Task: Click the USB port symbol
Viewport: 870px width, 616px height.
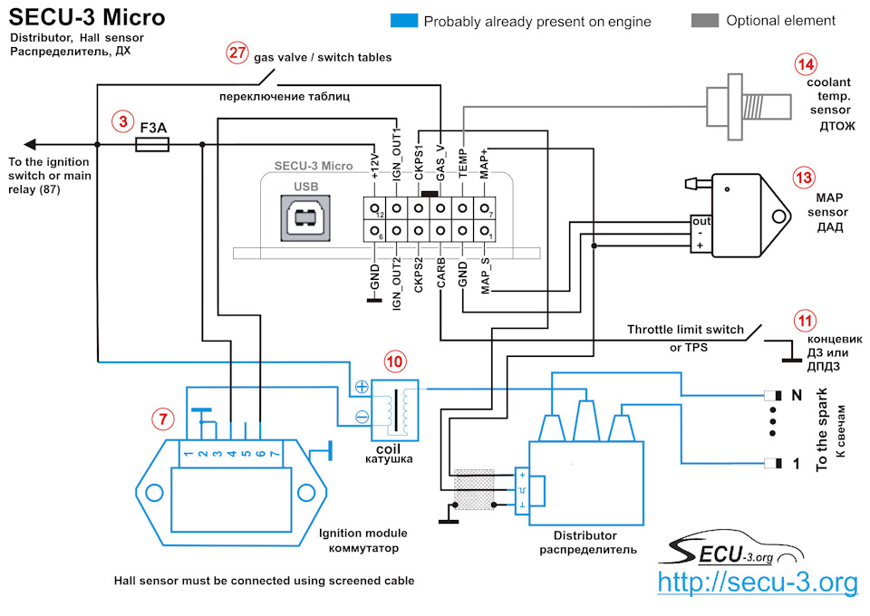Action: pos(305,218)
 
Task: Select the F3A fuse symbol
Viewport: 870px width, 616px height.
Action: pos(152,145)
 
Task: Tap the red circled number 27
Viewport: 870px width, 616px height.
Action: pos(237,53)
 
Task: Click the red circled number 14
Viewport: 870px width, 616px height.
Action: pos(806,64)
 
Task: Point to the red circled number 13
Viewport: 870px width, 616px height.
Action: pos(804,178)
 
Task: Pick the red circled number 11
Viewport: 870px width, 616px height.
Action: pos(805,321)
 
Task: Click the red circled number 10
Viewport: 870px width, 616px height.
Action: pos(394,361)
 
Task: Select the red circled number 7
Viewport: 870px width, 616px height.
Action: pos(163,419)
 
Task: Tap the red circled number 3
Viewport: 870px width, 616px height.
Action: pos(122,121)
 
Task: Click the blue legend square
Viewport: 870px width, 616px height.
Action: pos(404,21)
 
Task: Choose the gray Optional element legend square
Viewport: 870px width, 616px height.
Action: pos(705,21)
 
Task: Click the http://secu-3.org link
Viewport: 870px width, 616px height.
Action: pos(758,582)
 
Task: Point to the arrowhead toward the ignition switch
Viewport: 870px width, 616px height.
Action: pos(31,145)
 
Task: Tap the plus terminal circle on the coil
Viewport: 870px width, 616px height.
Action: pos(362,387)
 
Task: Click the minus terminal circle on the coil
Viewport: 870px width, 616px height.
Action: pos(362,416)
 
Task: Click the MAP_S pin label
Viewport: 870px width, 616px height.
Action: pos(485,275)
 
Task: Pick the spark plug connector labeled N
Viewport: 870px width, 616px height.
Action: pos(773,395)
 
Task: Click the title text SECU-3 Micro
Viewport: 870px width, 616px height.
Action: pos(87,17)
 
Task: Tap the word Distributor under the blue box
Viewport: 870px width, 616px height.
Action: pos(585,535)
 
